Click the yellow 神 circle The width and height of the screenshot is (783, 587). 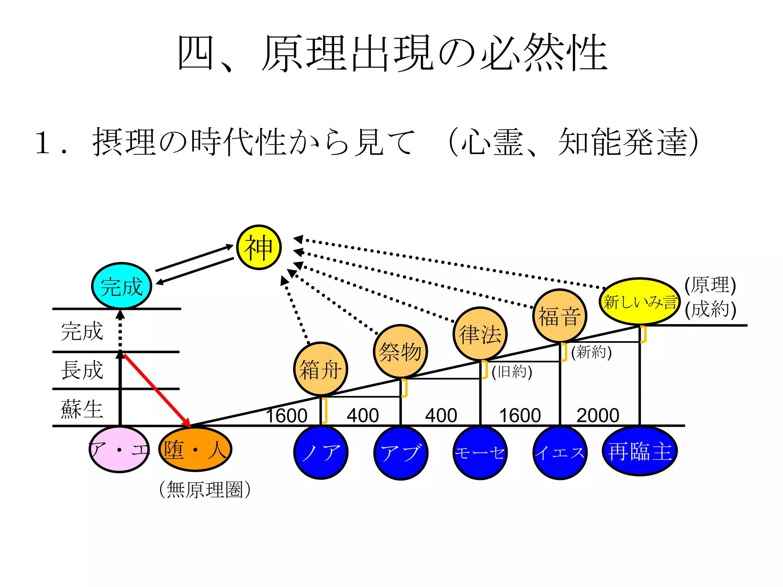pyautogui.click(x=259, y=247)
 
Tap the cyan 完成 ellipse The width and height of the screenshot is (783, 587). pyautogui.click(x=122, y=286)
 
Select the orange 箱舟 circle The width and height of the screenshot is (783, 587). pyautogui.click(x=320, y=369)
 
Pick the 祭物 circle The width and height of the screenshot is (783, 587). pyautogui.click(x=400, y=351)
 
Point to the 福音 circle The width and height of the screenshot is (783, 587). pyautogui.click(x=560, y=316)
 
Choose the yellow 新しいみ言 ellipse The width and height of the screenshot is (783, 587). pyautogui.click(x=640, y=302)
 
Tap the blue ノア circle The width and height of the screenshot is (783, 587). pyautogui.click(x=320, y=452)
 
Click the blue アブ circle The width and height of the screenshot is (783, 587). pyautogui.click(x=401, y=453)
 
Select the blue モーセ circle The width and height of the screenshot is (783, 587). pyautogui.click(x=480, y=453)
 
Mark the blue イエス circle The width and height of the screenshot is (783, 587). pyautogui.click(x=560, y=453)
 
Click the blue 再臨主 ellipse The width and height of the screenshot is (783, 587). pyautogui.click(x=640, y=451)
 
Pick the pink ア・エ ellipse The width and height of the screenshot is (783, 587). pyautogui.click(x=119, y=450)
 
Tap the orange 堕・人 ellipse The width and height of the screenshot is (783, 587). pyautogui.click(x=195, y=450)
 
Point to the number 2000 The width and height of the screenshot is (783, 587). pyautogui.click(x=598, y=415)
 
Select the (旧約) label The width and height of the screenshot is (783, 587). pyautogui.click(x=512, y=371)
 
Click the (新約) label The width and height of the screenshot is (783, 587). pyautogui.click(x=591, y=352)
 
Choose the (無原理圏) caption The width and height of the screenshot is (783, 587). pyautogui.click(x=205, y=490)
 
